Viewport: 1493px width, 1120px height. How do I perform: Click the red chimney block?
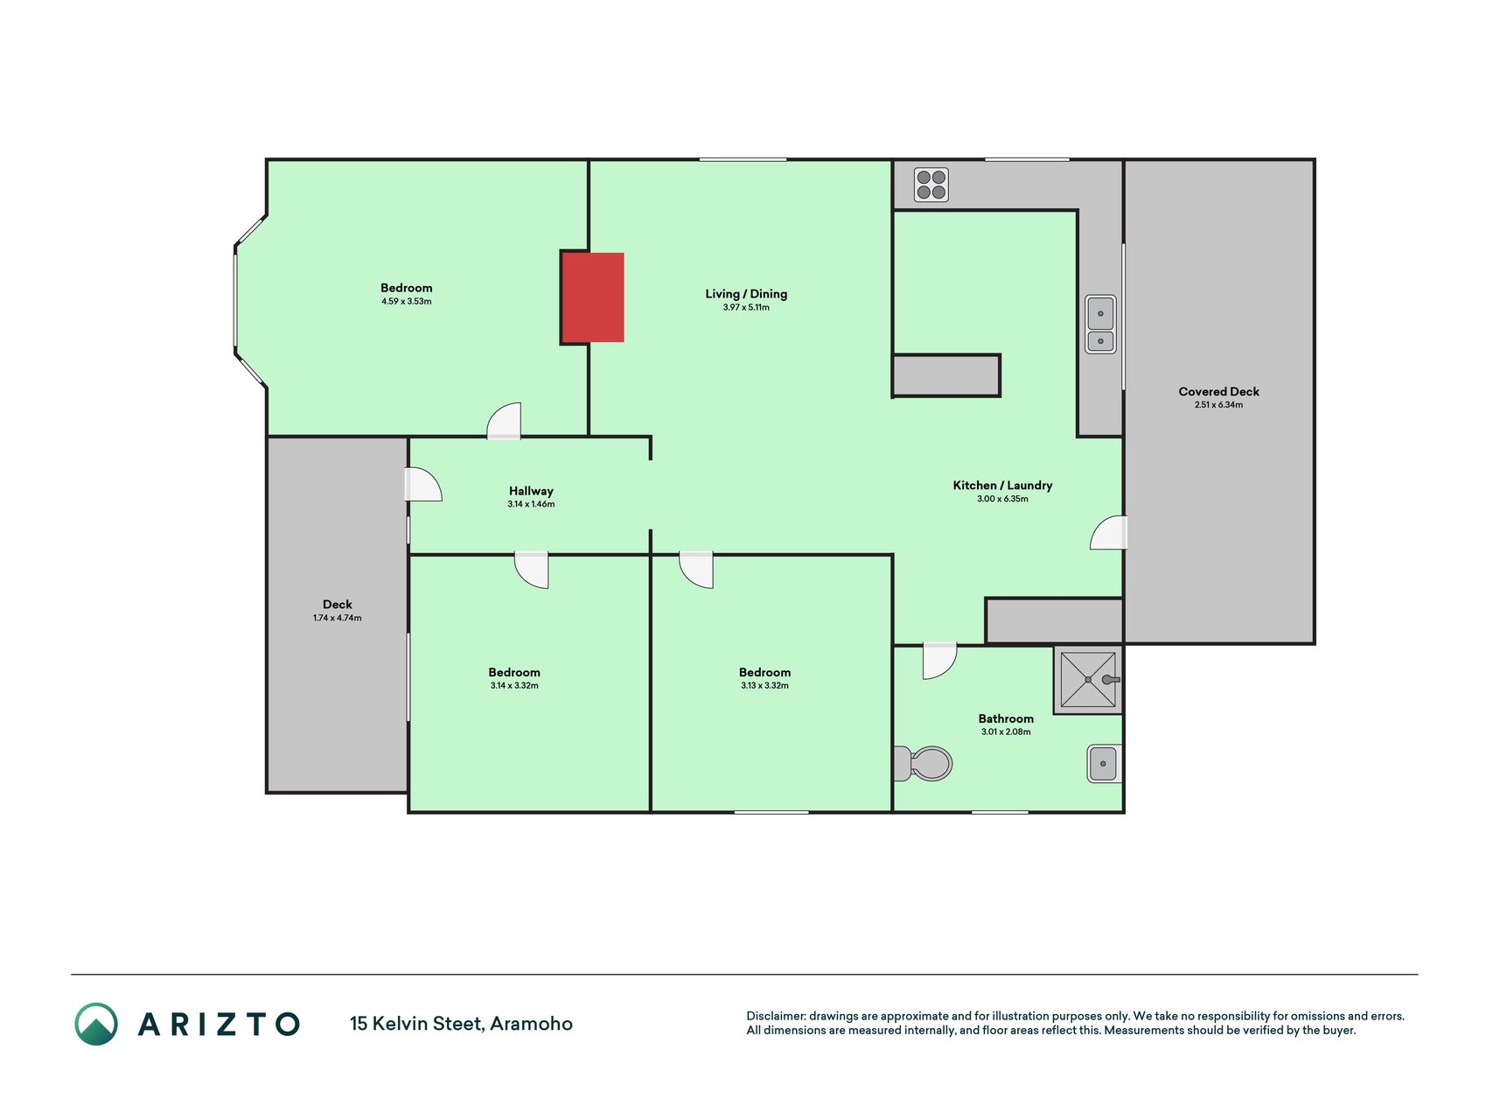pyautogui.click(x=593, y=297)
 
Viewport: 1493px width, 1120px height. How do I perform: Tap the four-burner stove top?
pyautogui.click(x=931, y=185)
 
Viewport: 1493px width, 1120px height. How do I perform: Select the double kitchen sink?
pyautogui.click(x=1100, y=325)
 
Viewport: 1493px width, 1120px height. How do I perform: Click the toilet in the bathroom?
pyautogui.click(x=923, y=764)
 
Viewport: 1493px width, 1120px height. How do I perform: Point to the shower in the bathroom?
pyautogui.click(x=1088, y=680)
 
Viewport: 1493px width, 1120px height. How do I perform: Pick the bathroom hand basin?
pyautogui.click(x=1104, y=764)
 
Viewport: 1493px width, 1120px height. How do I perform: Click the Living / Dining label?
pyautogui.click(x=746, y=294)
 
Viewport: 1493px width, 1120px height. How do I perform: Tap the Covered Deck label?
pyautogui.click(x=1218, y=391)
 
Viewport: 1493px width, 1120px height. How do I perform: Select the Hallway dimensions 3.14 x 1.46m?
pyautogui.click(x=531, y=504)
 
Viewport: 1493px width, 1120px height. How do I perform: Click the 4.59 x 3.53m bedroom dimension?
pyautogui.click(x=407, y=301)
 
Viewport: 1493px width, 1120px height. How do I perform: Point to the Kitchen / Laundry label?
pyautogui.click(x=1002, y=485)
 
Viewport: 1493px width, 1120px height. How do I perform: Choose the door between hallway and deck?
pyautogui.click(x=423, y=485)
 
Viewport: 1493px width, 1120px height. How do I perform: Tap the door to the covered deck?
pyautogui.click(x=1108, y=533)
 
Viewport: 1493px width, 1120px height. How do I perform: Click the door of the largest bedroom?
pyautogui.click(x=504, y=421)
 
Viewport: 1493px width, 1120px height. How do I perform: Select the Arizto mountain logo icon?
pyautogui.click(x=96, y=1024)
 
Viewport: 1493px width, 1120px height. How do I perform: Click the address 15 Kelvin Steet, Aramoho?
pyautogui.click(x=461, y=1024)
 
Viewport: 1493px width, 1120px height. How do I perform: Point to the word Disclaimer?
pyautogui.click(x=775, y=1016)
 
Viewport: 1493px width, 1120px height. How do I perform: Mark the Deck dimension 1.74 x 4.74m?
pyautogui.click(x=338, y=618)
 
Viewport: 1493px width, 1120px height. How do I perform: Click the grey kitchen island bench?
pyautogui.click(x=946, y=375)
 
